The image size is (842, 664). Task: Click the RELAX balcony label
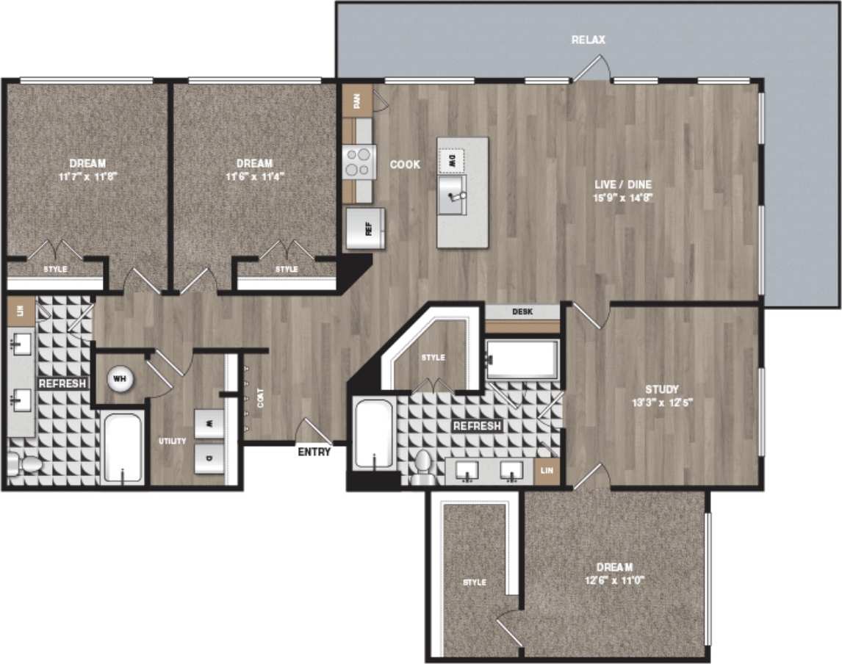589,40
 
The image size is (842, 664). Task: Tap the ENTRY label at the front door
314,452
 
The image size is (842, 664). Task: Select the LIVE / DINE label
623,184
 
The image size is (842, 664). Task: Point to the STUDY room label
662,389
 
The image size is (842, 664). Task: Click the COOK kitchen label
405,165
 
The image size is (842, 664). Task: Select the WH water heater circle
118,379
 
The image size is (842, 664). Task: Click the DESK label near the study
523,312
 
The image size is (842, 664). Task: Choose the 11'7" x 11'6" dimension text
87,176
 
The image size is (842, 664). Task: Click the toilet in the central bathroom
422,467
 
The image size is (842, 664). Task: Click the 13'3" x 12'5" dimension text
662,402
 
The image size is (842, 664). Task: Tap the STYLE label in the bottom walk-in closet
474,582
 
